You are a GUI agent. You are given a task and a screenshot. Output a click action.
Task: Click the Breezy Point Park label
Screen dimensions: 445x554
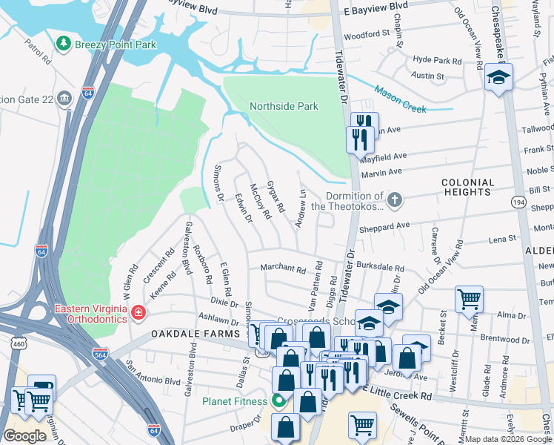[115, 44]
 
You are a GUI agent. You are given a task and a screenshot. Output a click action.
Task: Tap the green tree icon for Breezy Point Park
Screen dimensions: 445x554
[65, 44]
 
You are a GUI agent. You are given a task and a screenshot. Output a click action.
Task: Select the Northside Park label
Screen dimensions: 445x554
[284, 106]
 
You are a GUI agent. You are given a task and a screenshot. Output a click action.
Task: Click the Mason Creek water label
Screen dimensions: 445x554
[400, 99]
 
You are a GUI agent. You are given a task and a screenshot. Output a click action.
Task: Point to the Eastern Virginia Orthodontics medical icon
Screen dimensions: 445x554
[137, 315]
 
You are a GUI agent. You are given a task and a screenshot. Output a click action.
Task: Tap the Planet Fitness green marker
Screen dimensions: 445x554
[278, 402]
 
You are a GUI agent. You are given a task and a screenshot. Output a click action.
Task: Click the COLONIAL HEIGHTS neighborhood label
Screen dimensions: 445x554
[467, 188]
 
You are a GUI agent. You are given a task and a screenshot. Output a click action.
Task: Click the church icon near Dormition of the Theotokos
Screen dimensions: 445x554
[396, 199]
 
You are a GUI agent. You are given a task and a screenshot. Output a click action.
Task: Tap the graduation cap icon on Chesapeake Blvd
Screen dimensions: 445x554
[498, 77]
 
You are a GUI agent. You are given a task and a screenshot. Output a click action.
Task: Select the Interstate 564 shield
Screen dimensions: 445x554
[99, 354]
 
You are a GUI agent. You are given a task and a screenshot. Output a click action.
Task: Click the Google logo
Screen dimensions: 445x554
[24, 436]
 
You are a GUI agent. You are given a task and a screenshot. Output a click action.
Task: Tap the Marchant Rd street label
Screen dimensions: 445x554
[281, 269]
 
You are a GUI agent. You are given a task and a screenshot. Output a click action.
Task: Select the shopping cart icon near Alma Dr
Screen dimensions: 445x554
[469, 300]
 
